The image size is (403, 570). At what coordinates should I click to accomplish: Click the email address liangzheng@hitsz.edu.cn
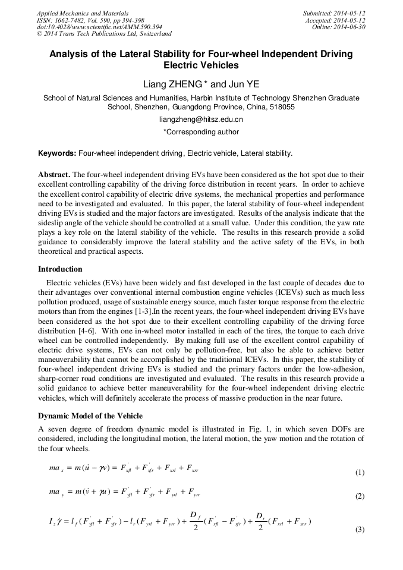[201, 119]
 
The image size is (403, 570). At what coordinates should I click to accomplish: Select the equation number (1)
[360, 473]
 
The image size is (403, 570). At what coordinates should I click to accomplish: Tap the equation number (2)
[360, 496]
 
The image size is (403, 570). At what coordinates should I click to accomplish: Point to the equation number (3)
[360, 529]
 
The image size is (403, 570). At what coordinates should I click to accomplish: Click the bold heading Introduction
[61, 269]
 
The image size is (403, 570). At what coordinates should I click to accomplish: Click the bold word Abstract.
[54, 175]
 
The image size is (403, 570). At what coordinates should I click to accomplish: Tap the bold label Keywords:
[57, 153]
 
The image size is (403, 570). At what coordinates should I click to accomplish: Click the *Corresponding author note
[201, 132]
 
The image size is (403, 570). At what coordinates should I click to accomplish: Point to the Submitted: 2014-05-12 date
[335, 12]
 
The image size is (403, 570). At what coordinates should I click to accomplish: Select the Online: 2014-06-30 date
[339, 27]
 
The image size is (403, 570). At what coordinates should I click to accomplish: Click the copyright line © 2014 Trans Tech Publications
[104, 34]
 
